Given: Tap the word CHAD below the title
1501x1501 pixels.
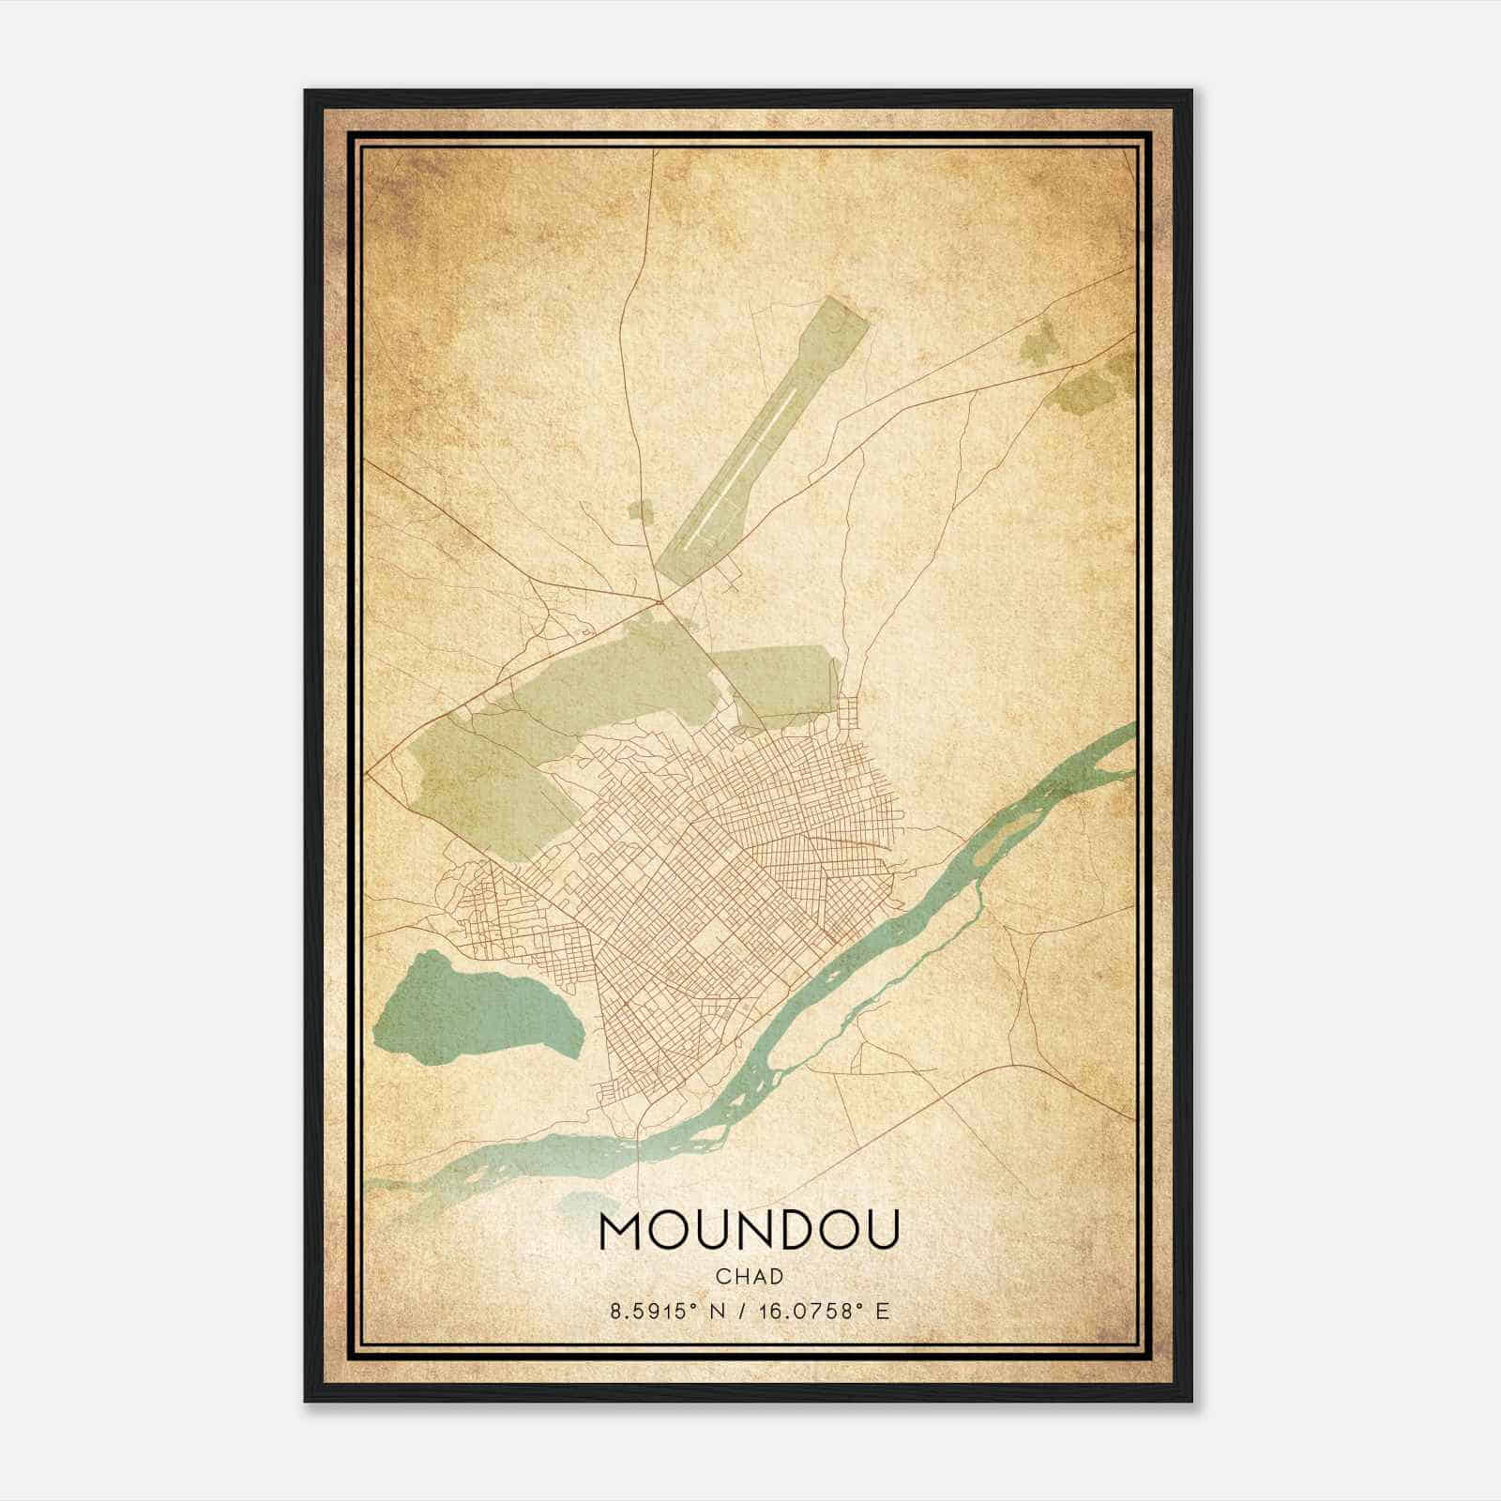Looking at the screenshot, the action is pos(749,1277).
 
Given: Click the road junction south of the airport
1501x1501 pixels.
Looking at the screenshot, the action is pos(660,599).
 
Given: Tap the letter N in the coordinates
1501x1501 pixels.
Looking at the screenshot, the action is pos(721,1311).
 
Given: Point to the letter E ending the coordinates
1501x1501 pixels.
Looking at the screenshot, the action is pos(881,1311).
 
